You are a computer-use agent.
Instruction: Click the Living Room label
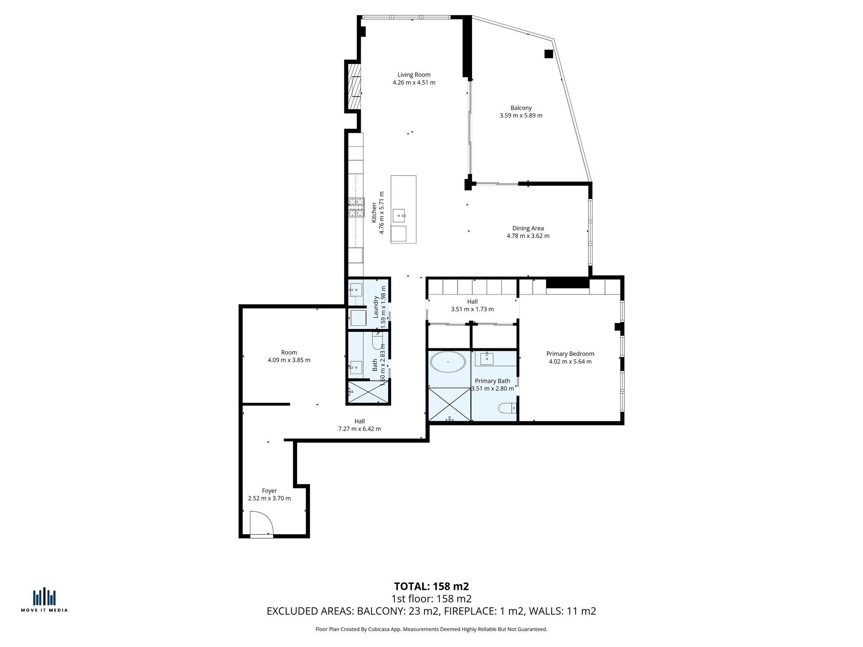tap(414, 75)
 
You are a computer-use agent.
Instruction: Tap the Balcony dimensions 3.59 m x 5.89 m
tap(521, 115)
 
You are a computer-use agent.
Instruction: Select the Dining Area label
tap(528, 228)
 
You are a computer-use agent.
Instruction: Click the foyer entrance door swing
tap(261, 524)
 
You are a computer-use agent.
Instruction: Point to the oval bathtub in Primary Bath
tap(448, 362)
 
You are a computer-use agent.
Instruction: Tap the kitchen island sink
tap(399, 216)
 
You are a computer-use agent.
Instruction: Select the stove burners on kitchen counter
tap(356, 208)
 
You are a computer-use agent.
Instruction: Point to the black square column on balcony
tap(548, 54)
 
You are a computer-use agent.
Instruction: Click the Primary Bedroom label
tap(570, 354)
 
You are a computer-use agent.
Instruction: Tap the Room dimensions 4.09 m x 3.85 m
tap(289, 360)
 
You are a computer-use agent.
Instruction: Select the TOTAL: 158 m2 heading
tap(431, 586)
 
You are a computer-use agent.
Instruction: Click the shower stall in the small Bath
tap(368, 392)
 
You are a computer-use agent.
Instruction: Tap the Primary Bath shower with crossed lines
tap(449, 404)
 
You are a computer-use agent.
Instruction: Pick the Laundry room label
tap(375, 306)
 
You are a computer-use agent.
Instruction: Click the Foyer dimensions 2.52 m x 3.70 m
tap(269, 498)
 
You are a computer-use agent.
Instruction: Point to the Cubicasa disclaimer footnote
tap(431, 629)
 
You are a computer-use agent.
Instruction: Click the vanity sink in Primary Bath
tap(487, 358)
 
